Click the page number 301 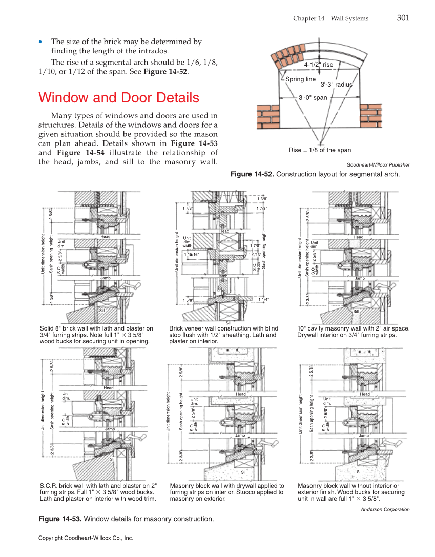403,18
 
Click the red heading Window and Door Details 119,97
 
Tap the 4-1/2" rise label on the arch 318,65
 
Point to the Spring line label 300,79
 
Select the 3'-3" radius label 336,85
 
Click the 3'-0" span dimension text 313,97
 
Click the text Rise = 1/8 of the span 320,150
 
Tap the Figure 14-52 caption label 252,174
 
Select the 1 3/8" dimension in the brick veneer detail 262,199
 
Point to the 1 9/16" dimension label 255,254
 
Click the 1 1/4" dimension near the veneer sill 263,299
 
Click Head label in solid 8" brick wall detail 106,237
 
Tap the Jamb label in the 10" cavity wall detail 360,278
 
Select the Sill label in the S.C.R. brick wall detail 113,459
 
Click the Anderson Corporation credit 385,509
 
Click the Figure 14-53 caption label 60,519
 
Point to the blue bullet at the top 42,42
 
